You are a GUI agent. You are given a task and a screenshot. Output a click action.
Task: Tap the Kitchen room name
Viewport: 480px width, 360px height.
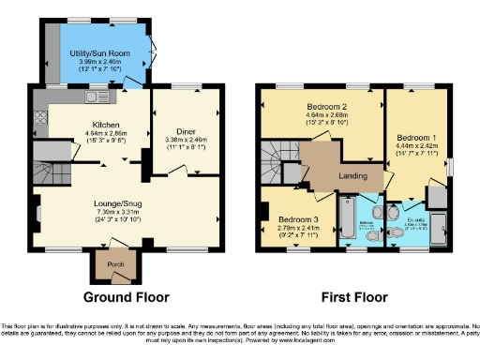104,125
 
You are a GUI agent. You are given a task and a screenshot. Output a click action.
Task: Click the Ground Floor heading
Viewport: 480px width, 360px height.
127,297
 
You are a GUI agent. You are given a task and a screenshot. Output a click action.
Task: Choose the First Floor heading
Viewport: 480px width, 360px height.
354,297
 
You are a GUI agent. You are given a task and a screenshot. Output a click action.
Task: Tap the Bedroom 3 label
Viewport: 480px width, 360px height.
296,218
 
